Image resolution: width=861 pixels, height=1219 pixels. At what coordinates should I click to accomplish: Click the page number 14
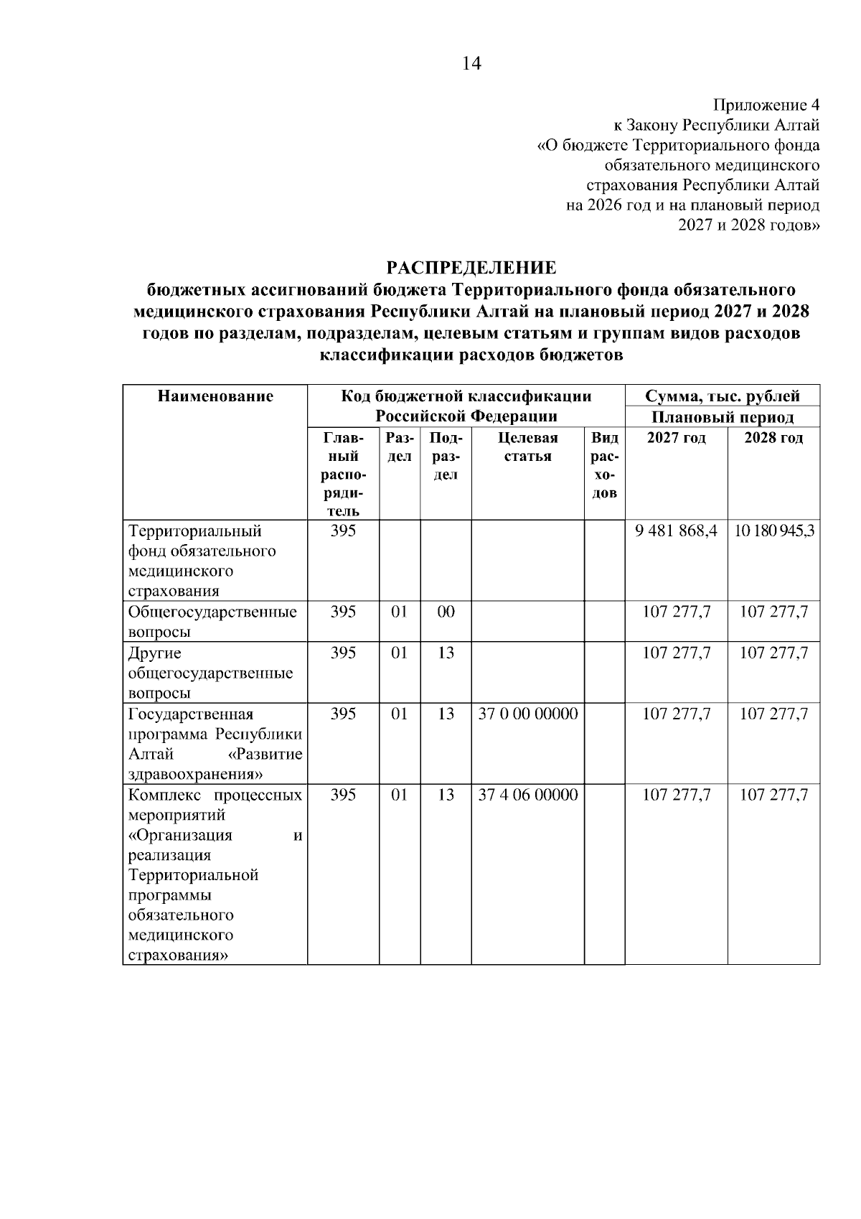tap(471, 64)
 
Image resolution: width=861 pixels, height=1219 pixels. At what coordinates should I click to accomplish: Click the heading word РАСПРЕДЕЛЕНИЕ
tap(471, 268)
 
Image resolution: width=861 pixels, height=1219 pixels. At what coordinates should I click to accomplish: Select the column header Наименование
tap(215, 396)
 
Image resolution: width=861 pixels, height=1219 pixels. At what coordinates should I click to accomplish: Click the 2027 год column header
tap(676, 438)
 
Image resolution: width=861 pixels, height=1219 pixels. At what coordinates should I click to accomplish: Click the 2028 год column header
tap(773, 438)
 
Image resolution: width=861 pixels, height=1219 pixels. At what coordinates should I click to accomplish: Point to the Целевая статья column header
tap(527, 447)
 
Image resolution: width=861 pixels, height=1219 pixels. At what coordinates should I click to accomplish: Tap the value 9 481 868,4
tap(676, 532)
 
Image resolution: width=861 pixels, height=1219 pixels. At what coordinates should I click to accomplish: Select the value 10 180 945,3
tap(773, 532)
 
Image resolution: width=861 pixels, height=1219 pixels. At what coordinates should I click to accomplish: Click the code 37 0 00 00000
tap(527, 714)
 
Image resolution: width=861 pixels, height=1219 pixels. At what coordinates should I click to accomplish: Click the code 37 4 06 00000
tap(527, 795)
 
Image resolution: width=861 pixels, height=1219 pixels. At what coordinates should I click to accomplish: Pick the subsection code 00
tap(446, 612)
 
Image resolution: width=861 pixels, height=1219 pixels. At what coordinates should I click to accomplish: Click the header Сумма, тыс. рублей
tap(722, 396)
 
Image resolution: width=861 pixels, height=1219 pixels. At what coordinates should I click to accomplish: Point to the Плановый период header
tap(722, 417)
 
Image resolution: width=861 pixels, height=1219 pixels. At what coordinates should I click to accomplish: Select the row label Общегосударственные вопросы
tap(212, 622)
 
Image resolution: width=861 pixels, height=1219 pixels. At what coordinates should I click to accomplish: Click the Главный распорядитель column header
tap(343, 474)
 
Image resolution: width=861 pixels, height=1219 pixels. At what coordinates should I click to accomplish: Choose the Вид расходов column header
tap(605, 465)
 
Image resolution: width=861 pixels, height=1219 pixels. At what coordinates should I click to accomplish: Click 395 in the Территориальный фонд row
tap(343, 532)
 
